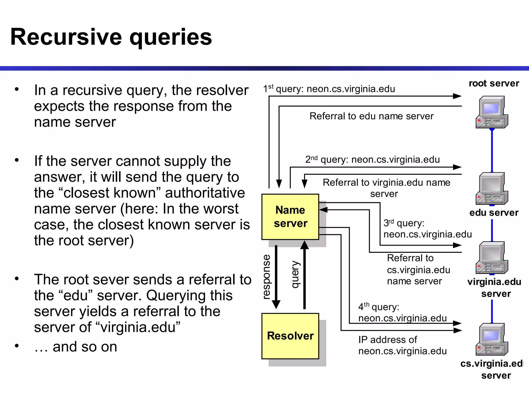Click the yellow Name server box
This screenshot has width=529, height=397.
[290, 217]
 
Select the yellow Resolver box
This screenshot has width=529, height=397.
[290, 336]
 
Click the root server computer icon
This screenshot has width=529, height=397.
[492, 112]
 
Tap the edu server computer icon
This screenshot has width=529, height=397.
[492, 189]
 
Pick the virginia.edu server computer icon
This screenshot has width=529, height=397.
[492, 258]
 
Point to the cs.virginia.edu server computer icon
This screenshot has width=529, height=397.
[492, 339]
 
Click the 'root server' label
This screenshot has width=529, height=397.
[494, 83]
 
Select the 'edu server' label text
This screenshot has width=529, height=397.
[494, 213]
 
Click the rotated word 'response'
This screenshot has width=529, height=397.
[266, 277]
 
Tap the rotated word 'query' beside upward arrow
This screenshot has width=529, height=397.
[295, 274]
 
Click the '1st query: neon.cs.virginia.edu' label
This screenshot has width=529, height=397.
[329, 89]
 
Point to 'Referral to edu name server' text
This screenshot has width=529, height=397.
[371, 116]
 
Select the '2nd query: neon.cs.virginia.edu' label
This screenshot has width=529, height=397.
[372, 159]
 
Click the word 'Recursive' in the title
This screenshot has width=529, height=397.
[66, 37]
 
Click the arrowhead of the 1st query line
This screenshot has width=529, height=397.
[457, 96]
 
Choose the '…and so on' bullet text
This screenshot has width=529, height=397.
[76, 347]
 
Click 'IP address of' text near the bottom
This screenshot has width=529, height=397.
[387, 340]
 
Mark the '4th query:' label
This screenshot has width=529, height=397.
[379, 307]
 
